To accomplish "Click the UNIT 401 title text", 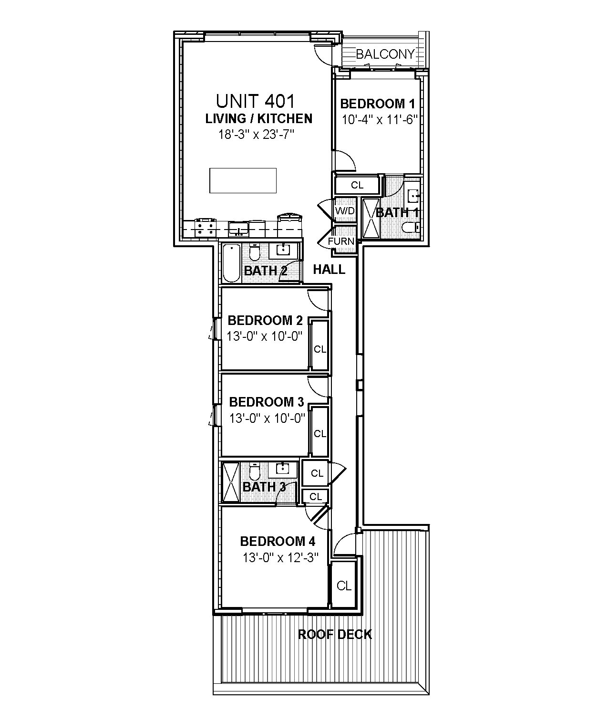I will pos(255,101).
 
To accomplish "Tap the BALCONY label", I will pos(385,54).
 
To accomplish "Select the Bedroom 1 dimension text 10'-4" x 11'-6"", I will pos(380,119).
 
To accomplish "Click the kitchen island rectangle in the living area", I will pos(243,180).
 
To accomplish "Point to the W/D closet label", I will pos(344,211).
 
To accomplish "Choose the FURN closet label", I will pos(341,241).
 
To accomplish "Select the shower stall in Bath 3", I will pos(231,482).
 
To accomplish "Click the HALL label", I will pos(329,270).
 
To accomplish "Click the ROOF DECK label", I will pos(335,634).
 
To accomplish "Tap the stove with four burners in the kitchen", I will pos(205,228).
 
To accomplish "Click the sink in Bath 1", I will pos(413,195).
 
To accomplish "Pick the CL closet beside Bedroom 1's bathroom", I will pos(357,185).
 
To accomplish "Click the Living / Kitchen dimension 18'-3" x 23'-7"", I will pos(255,135).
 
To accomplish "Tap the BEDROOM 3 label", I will pos(266,402).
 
